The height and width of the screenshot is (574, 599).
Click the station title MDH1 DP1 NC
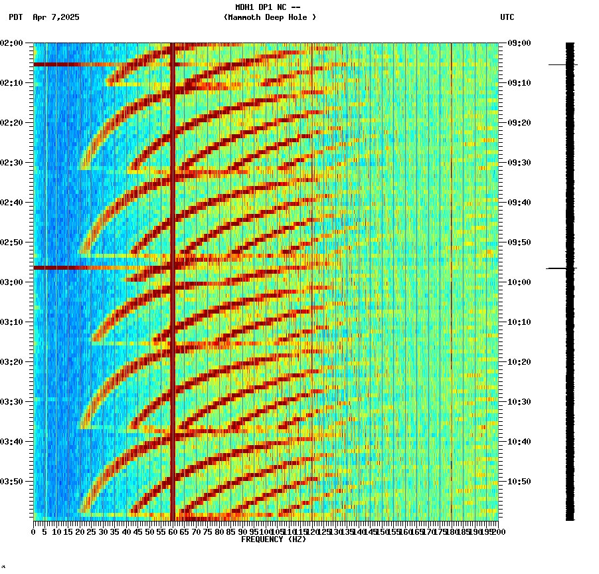point(272,7)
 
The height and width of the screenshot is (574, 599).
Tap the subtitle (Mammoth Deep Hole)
point(270,17)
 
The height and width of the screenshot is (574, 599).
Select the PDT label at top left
point(15,17)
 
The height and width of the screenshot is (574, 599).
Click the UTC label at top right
point(507,17)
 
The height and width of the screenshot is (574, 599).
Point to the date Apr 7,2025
point(56,17)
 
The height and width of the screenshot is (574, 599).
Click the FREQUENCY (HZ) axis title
point(273,539)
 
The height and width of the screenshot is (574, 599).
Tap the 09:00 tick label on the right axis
point(519,43)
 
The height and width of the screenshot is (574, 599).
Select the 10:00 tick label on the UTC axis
point(519,282)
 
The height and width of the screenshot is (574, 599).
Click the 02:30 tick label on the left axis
point(13,163)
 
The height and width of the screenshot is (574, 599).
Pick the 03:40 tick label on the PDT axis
point(13,442)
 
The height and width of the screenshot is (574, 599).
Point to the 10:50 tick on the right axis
point(519,482)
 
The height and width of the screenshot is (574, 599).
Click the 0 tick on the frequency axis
point(34,532)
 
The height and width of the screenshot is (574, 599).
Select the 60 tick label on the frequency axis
point(173,532)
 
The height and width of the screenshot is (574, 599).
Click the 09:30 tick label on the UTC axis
point(519,163)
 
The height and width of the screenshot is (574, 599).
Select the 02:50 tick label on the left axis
point(13,242)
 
